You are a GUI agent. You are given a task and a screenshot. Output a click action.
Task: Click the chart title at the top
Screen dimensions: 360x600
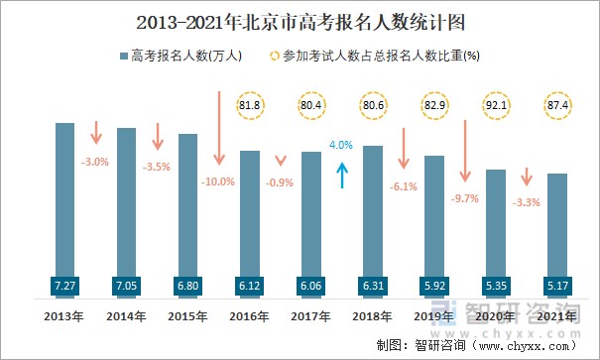[299, 19]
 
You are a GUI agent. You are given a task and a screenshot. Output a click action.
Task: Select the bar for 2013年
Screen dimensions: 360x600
[64, 198]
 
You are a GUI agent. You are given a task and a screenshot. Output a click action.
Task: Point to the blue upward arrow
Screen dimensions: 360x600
[342, 175]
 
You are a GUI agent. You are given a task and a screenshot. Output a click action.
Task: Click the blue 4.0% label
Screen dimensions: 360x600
[341, 145]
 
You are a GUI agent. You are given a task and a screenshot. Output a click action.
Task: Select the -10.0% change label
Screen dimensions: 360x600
[217, 181]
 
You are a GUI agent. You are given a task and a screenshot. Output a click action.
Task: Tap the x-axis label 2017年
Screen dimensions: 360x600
[311, 316]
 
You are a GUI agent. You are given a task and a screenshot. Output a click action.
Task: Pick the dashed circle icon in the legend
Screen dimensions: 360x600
[273, 56]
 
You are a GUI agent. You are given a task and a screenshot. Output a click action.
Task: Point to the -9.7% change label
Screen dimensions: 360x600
[464, 198]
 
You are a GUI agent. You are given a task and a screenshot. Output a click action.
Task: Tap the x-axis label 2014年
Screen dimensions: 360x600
[126, 316]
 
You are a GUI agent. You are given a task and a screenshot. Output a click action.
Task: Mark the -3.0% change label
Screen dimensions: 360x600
[95, 161]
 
